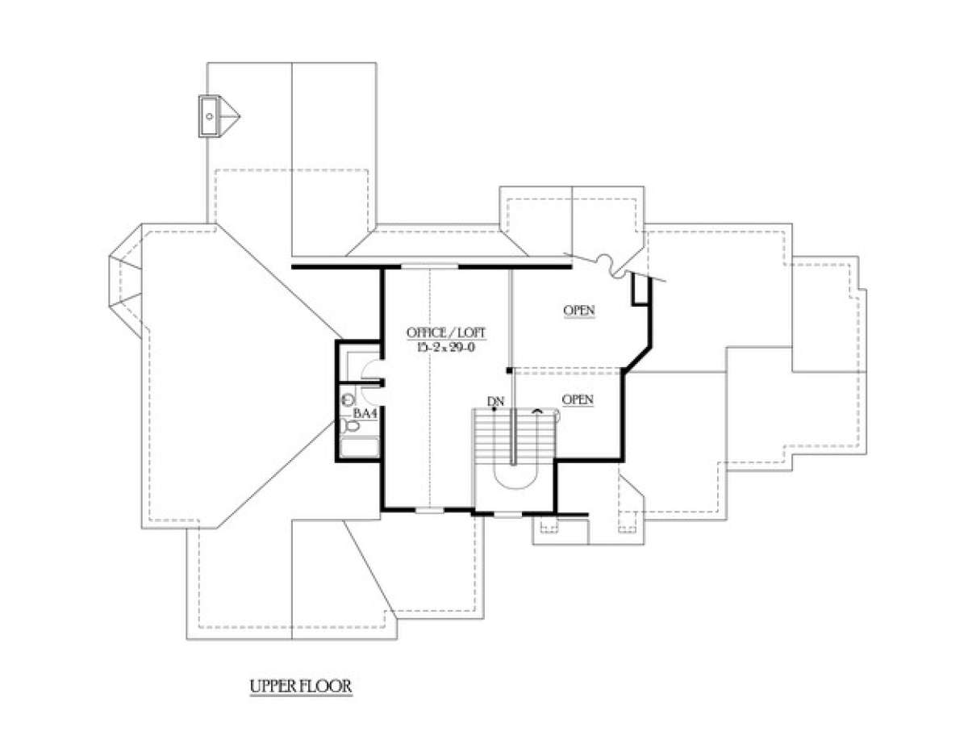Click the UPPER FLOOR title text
(301, 686)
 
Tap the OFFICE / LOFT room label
(446, 332)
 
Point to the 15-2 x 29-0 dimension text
(446, 348)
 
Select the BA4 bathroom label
(365, 413)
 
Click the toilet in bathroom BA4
(349, 426)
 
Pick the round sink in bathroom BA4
(348, 399)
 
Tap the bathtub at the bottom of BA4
(359, 447)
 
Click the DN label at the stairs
(495, 401)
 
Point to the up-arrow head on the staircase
(538, 412)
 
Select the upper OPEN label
(579, 310)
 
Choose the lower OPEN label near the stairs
(578, 399)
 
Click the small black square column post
(509, 370)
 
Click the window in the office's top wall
(429, 267)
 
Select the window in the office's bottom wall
(430, 510)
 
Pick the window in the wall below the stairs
(508, 515)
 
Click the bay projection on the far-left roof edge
(125, 281)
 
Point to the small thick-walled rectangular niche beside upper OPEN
(640, 289)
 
